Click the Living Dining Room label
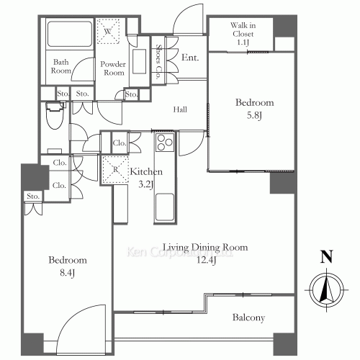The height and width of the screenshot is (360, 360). tap(205, 247)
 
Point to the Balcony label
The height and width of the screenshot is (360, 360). tap(249, 318)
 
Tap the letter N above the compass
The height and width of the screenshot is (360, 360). tap(327, 256)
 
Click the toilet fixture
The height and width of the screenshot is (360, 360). tap(53, 116)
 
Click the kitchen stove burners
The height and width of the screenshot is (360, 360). tap(163, 142)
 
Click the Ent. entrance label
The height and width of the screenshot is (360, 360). tap(190, 58)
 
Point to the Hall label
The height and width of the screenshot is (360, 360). tap(181, 109)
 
